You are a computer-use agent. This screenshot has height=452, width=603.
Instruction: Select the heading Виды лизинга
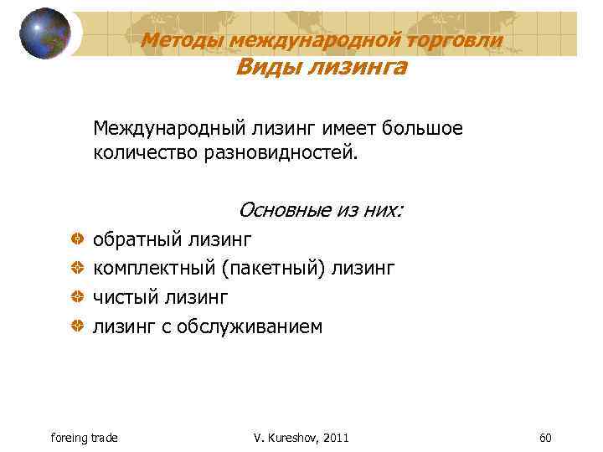click(321, 68)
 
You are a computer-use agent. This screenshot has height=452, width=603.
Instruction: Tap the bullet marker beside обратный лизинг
click(76, 240)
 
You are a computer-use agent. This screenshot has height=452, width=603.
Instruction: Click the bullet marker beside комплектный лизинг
click(76, 269)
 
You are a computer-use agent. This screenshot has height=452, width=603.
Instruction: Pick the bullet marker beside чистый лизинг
click(76, 297)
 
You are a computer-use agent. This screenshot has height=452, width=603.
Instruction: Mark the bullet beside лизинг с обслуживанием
click(76, 326)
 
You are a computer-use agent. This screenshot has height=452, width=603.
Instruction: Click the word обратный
click(137, 240)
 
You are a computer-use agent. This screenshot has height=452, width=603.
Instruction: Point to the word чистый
click(124, 297)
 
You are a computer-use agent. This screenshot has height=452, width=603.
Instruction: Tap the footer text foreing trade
click(84, 438)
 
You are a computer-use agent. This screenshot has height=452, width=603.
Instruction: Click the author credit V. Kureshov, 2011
click(301, 438)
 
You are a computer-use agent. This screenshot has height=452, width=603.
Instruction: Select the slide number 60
click(545, 438)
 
